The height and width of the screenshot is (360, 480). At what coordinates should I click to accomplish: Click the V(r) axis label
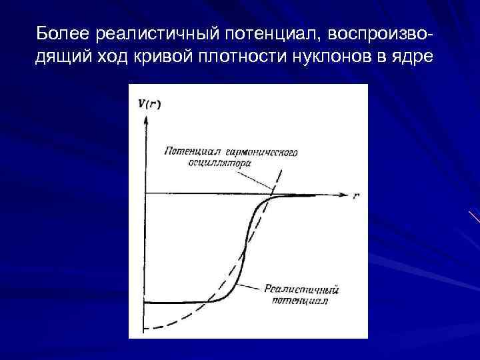coord(149,103)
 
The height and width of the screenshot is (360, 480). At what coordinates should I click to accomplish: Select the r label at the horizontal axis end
coord(357,197)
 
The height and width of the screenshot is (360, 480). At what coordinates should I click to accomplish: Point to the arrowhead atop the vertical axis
coord(145,121)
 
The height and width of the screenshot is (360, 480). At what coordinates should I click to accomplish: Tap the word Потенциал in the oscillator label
coord(187,151)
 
